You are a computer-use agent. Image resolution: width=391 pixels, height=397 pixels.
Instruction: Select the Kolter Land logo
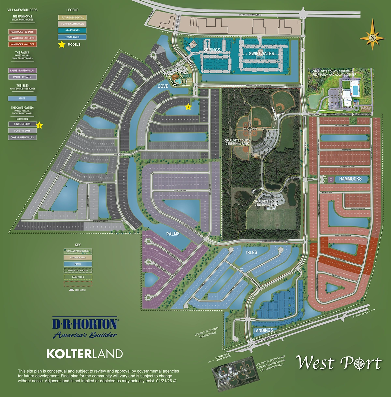[x=85, y=354]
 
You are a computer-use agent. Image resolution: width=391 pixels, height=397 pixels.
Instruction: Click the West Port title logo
[x=339, y=363]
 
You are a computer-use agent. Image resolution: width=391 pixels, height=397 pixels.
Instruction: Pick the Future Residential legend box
[x=72, y=18]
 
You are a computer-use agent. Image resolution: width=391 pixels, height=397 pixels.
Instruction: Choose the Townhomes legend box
[x=72, y=37]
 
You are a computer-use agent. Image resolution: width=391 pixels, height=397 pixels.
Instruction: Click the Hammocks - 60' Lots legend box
[x=22, y=44]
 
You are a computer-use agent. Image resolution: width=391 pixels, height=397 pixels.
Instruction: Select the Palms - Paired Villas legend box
[x=22, y=70]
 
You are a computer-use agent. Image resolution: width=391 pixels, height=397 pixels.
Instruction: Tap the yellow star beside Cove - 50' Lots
[x=39, y=125]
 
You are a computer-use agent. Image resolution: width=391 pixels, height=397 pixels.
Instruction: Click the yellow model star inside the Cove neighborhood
[x=188, y=107]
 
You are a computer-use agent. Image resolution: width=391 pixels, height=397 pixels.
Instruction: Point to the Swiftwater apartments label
[x=261, y=54]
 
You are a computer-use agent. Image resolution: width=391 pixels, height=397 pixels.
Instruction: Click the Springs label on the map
[x=212, y=50]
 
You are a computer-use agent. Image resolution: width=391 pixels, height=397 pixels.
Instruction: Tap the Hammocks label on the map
[x=350, y=179]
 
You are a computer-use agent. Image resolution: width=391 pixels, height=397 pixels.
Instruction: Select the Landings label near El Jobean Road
[x=263, y=330]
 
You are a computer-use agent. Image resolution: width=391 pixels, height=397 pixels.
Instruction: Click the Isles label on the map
[x=251, y=253]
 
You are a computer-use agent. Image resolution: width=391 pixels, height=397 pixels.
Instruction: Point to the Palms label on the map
[x=173, y=234]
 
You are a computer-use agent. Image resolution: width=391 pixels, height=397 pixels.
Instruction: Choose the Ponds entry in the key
[x=78, y=264]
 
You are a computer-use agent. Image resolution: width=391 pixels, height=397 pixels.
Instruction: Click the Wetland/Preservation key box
[x=78, y=251]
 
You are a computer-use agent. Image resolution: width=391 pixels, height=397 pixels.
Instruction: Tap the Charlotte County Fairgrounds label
[x=207, y=333]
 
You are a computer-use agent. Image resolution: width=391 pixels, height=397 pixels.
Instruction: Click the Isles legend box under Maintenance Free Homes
[x=22, y=98]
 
